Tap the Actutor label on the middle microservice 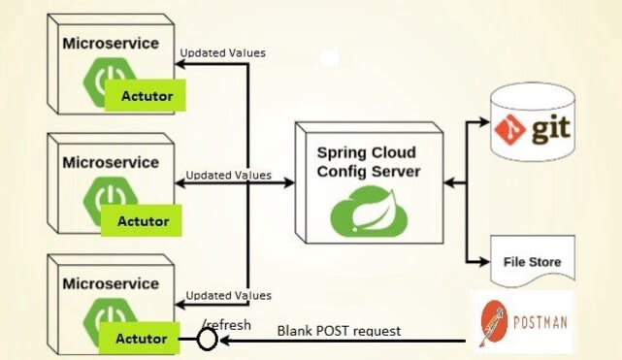coord(144,220)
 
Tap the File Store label coord(532,262)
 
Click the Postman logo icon coord(493,323)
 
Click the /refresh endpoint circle coord(207,340)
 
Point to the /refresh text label coord(226,324)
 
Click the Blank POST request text coord(339,331)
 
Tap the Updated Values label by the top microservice coord(224,52)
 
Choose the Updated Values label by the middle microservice coord(228,176)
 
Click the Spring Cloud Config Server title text coord(367,162)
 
